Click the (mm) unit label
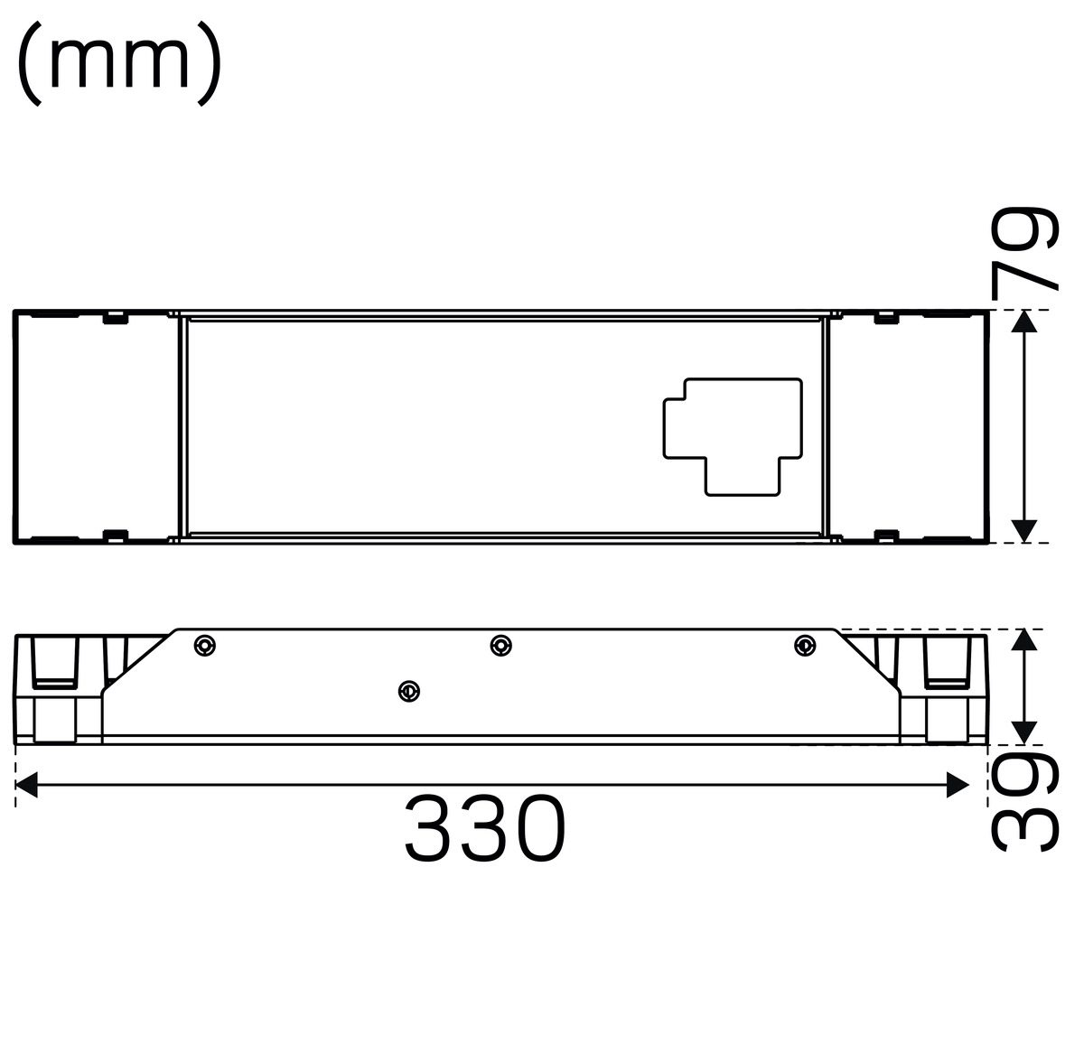coord(119,63)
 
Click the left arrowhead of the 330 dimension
coord(26,785)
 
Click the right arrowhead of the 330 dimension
coord(958,785)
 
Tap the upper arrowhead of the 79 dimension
coord(1024,321)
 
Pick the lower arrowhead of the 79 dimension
coord(1024,531)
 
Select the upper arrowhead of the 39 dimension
coord(1024,640)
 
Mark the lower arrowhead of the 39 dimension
coord(1024,732)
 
